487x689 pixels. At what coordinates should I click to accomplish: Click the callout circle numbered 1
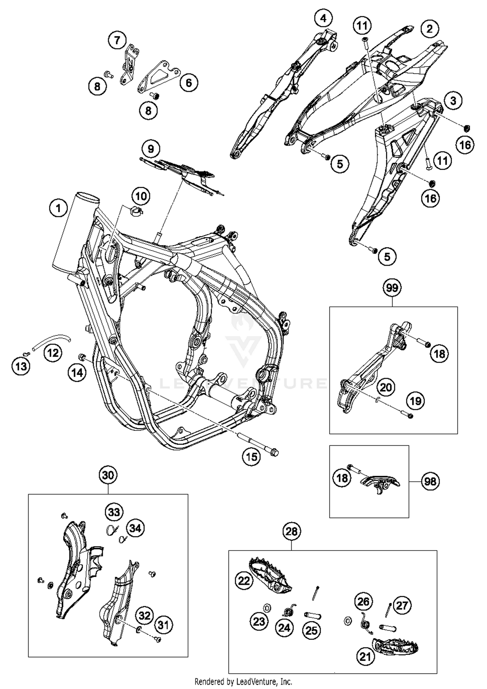(x=58, y=208)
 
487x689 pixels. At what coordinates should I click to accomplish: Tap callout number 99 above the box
(x=392, y=288)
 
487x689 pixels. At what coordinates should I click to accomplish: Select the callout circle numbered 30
(x=108, y=475)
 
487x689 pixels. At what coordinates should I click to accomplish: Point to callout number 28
(x=291, y=531)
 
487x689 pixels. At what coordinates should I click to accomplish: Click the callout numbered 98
(x=431, y=481)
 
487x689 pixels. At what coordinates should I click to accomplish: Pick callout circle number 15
(x=252, y=457)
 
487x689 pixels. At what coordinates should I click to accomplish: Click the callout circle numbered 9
(x=151, y=149)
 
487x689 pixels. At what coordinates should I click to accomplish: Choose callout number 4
(x=323, y=18)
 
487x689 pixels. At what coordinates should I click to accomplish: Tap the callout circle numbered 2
(x=430, y=29)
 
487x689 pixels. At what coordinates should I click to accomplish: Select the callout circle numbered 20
(x=386, y=387)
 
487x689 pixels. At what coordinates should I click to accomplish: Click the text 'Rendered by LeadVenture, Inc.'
(x=243, y=681)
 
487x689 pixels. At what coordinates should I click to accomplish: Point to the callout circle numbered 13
(x=21, y=367)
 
